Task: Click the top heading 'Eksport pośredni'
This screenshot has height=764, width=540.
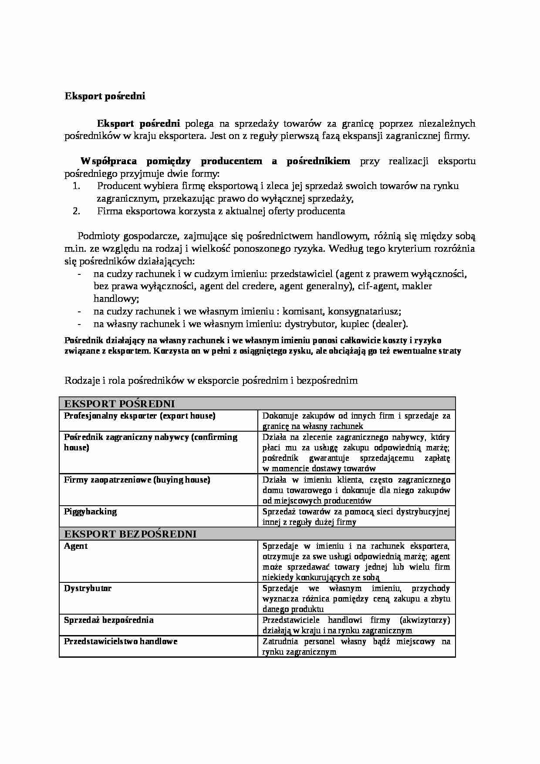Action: click(x=105, y=96)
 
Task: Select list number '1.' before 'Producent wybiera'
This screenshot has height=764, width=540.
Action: click(x=77, y=186)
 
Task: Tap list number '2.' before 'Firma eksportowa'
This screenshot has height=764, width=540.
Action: click(x=77, y=211)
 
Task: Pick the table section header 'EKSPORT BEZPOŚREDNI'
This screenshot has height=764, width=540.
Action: click(x=130, y=534)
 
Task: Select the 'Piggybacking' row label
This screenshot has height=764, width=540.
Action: click(x=90, y=511)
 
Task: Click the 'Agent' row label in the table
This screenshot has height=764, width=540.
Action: click(x=76, y=546)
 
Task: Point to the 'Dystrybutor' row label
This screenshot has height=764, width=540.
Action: click(x=88, y=588)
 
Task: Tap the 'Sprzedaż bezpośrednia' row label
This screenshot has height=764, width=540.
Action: click(x=108, y=620)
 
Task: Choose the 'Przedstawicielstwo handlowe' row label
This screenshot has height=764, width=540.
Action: click(x=120, y=641)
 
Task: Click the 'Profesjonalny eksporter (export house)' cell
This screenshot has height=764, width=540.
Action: click(x=139, y=416)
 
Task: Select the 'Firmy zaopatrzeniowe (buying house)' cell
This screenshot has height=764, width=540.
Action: click(x=137, y=480)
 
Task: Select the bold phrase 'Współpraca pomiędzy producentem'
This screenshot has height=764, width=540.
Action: click(x=172, y=161)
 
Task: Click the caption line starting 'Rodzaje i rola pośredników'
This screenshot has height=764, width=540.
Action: click(x=211, y=380)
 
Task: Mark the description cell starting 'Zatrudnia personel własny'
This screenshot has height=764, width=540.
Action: click(x=356, y=646)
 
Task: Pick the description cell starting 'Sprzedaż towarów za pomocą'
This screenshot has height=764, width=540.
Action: click(x=356, y=517)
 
